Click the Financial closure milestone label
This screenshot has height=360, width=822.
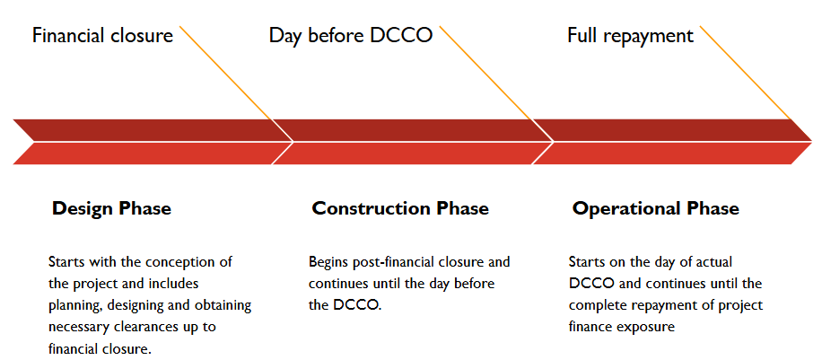pos(102,36)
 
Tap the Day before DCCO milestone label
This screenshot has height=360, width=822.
pos(351,36)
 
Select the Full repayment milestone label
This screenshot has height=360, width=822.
pos(631,36)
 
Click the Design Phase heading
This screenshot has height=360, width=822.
pos(111,208)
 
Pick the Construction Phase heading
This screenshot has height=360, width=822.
pos(400,208)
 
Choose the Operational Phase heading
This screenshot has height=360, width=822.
pos(656,208)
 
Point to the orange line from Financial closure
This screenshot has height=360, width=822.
pos(225,73)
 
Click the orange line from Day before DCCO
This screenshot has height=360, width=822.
pos(485,73)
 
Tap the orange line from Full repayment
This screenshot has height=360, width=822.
pos(746,73)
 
